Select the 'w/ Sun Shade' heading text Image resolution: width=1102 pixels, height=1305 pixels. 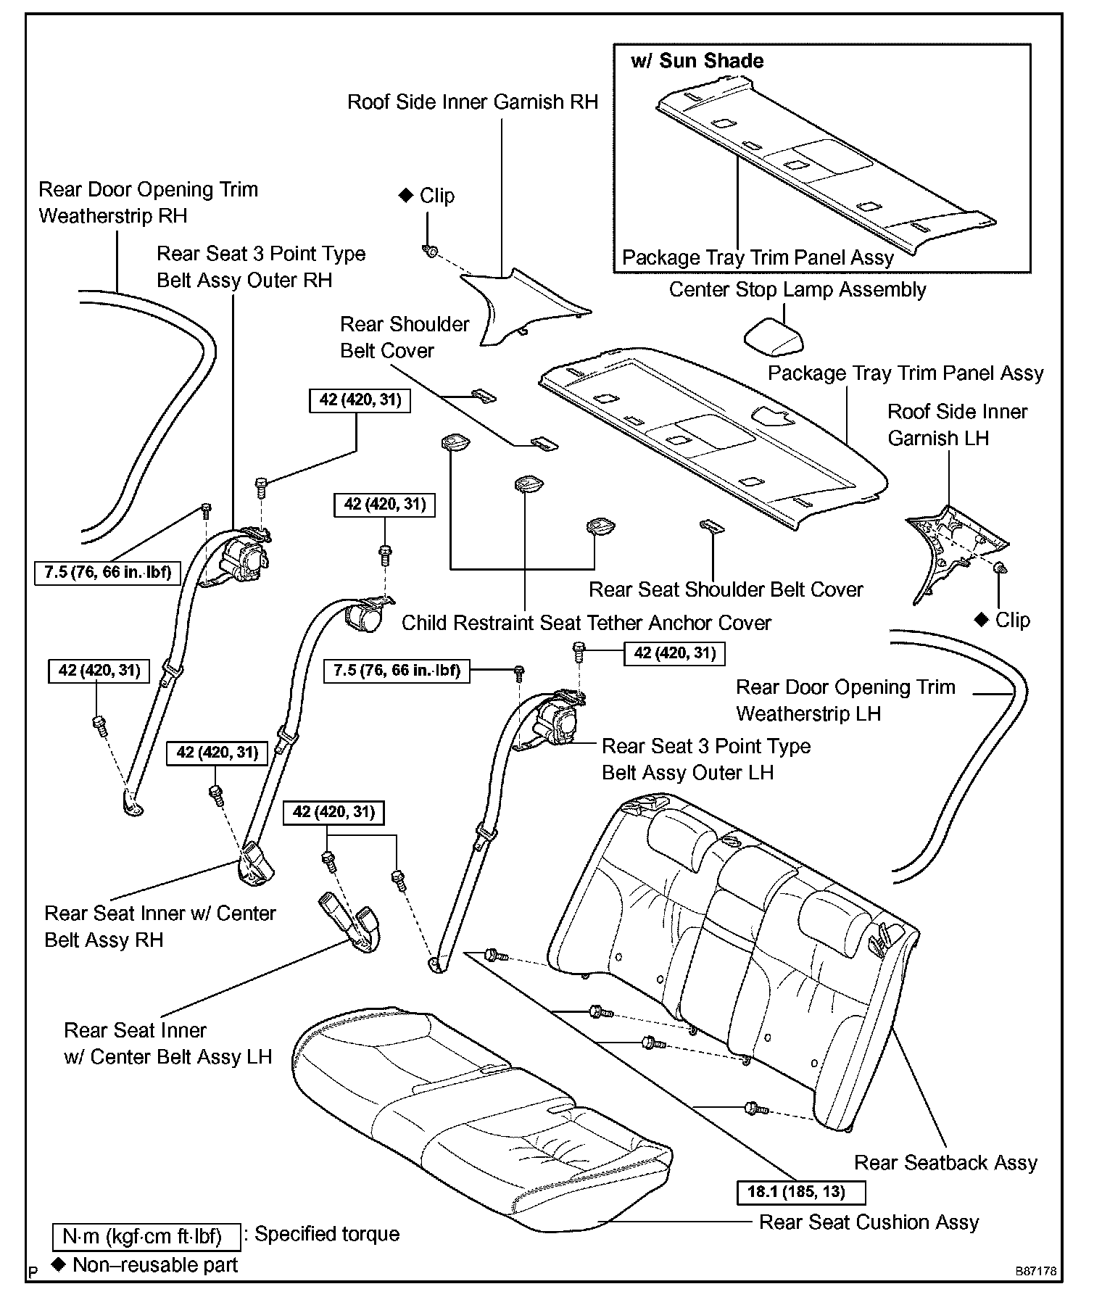click(x=697, y=61)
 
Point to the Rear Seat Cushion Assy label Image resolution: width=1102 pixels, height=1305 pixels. click(x=869, y=1222)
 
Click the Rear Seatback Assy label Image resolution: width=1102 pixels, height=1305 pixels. click(x=945, y=1162)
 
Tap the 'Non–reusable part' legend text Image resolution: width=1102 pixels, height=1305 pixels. click(x=155, y=1265)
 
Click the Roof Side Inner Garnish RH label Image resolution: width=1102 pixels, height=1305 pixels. click(x=473, y=102)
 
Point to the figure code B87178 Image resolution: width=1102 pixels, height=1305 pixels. click(x=1035, y=1272)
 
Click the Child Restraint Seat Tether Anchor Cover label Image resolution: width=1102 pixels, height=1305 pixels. click(x=586, y=623)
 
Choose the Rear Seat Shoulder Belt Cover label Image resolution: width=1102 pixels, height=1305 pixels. click(x=726, y=589)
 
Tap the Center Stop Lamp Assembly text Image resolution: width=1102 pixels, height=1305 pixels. click(x=797, y=290)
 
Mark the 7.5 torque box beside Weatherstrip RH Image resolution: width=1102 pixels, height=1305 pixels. click(x=107, y=572)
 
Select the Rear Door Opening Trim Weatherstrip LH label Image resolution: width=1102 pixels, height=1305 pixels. click(x=845, y=700)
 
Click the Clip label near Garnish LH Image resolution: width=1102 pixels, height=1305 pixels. click(x=1012, y=620)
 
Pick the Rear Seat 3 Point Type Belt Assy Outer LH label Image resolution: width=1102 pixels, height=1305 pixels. click(x=706, y=759)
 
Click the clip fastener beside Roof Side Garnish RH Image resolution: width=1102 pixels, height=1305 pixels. click(x=430, y=252)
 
